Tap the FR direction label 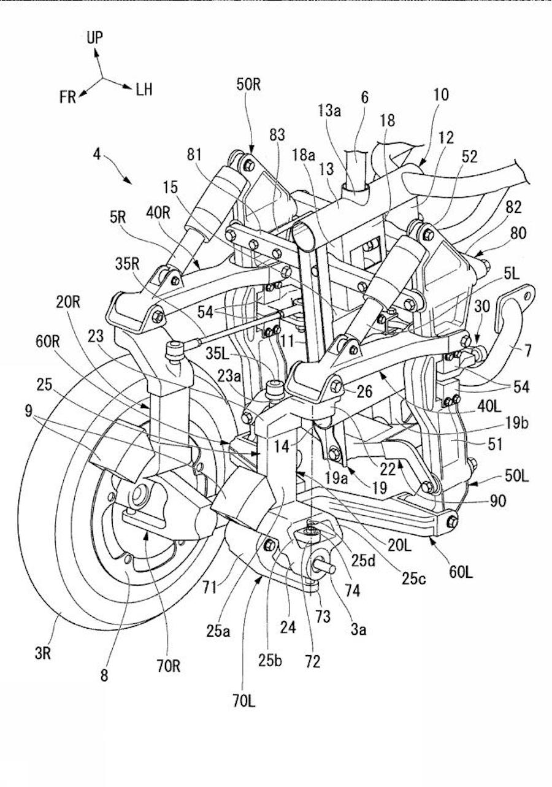tap(67, 97)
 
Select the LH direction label tap(144, 91)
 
